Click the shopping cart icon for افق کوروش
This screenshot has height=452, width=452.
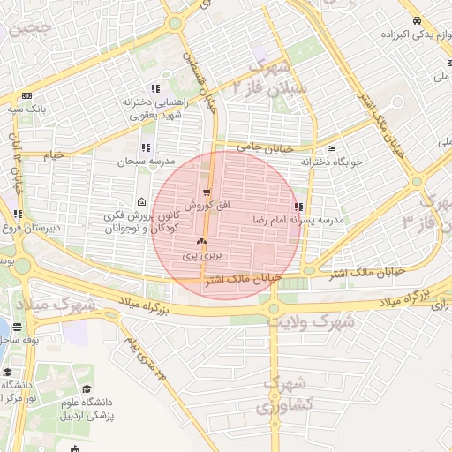click(207, 193)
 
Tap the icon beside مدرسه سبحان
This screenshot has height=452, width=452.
click(146, 147)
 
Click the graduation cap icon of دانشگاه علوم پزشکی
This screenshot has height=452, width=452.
click(87, 388)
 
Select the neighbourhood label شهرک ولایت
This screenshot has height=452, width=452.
click(313, 322)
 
